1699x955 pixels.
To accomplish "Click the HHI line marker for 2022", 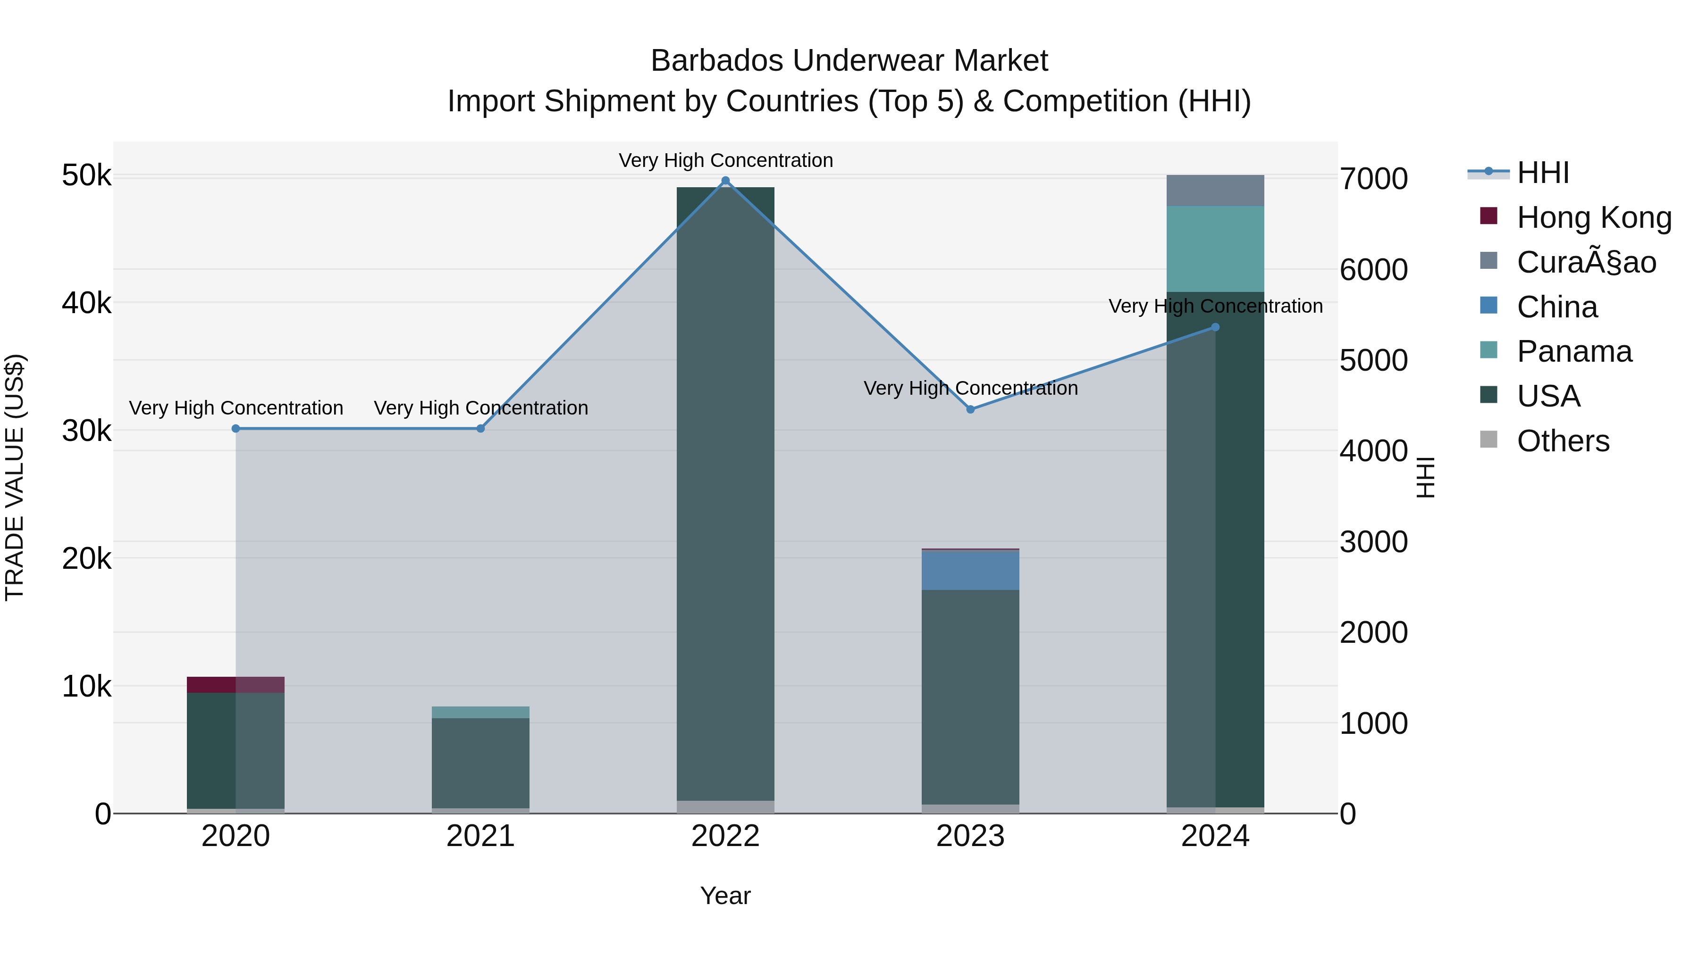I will coord(725,181).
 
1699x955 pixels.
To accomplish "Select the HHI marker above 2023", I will coord(970,409).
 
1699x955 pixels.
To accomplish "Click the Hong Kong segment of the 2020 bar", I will coord(236,684).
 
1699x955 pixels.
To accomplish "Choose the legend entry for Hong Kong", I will coord(1594,217).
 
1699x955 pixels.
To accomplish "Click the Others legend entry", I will coord(1563,441).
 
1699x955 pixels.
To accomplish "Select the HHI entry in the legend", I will coord(1543,173).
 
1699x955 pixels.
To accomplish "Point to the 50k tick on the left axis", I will coord(87,175).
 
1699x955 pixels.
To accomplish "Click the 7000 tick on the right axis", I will coord(1374,179).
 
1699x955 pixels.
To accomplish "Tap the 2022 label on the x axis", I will coord(725,836).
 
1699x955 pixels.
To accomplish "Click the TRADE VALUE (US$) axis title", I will coord(15,477).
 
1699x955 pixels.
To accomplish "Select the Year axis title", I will coord(725,896).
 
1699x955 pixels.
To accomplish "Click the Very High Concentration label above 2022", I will coord(725,160).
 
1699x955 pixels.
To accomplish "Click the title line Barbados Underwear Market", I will coord(849,61).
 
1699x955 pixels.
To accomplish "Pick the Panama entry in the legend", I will coord(1574,351).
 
